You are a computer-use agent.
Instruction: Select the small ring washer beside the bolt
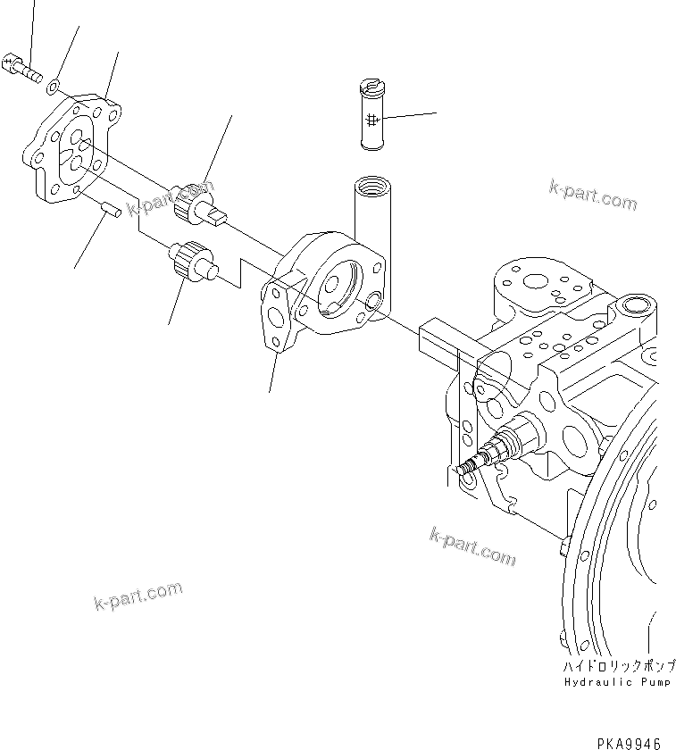coord(54,84)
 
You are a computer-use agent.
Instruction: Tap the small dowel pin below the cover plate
coord(110,210)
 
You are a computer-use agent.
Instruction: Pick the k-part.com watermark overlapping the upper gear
coord(171,200)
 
